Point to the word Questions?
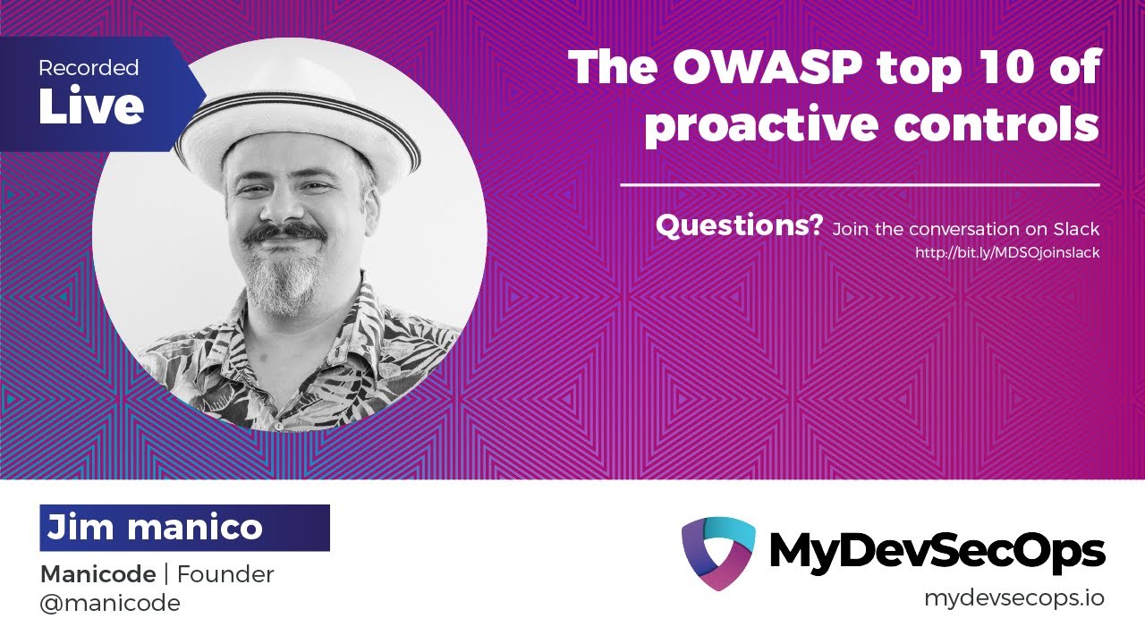click(x=739, y=226)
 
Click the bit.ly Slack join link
click(x=1006, y=253)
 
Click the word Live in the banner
click(x=90, y=106)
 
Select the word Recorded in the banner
click(x=89, y=68)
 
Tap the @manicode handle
click(x=110, y=604)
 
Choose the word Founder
click(x=226, y=574)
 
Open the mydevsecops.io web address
click(x=1014, y=598)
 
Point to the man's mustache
click(x=285, y=233)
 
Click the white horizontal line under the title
click(x=860, y=185)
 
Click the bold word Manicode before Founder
click(x=98, y=574)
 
